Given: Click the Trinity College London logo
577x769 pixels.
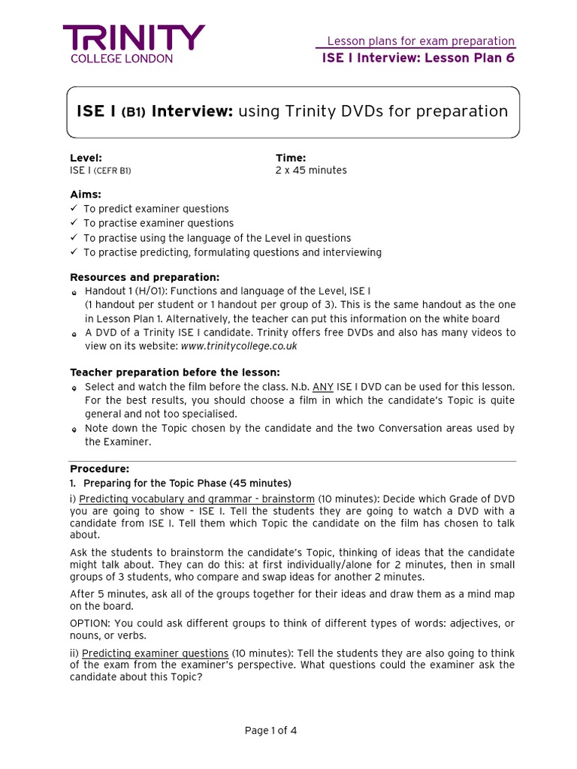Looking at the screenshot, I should [x=133, y=44].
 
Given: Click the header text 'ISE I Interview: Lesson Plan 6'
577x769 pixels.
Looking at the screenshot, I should [x=418, y=58].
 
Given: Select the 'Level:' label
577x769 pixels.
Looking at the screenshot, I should [x=86, y=158].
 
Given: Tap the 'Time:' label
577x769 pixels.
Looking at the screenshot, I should [x=291, y=158].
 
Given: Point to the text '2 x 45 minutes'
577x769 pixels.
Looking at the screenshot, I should [x=311, y=170].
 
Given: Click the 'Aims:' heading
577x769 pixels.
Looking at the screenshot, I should [x=86, y=195].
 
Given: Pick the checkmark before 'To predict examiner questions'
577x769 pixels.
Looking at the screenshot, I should [x=74, y=209].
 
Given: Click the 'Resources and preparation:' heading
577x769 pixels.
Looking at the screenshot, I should [x=144, y=277].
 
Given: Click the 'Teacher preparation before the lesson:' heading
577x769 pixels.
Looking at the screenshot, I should [x=174, y=372].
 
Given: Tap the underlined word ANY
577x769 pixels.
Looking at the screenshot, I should [x=323, y=387].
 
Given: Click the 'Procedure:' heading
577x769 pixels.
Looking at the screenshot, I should [x=99, y=469].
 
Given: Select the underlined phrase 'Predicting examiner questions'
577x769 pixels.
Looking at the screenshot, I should [x=155, y=653].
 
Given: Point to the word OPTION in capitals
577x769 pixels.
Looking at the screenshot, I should [x=90, y=624].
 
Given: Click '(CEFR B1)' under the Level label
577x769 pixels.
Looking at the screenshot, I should [x=112, y=171].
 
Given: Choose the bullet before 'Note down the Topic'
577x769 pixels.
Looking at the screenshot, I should [x=74, y=430].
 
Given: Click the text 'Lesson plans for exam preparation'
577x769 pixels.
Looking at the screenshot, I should [x=421, y=41].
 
